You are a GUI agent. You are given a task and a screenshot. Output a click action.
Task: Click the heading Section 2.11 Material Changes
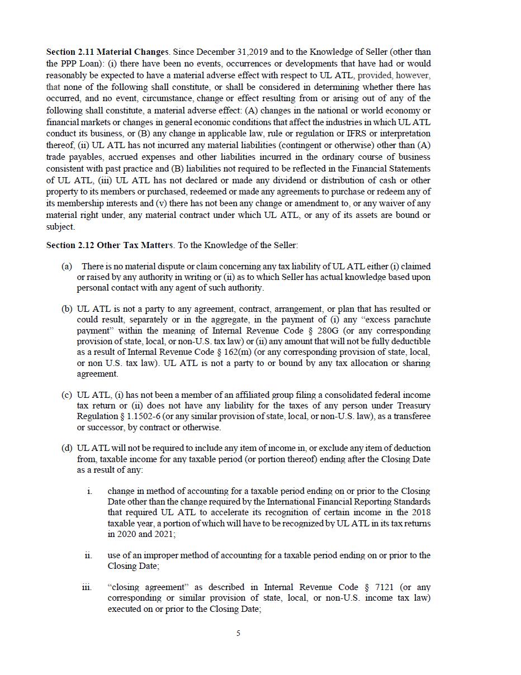[107, 52]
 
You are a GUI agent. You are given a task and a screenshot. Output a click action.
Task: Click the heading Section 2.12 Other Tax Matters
[110, 245]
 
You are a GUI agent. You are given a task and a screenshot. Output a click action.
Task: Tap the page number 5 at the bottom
[238, 633]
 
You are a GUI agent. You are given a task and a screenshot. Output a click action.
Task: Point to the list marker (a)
[67, 267]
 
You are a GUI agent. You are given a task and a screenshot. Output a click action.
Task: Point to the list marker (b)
[67, 309]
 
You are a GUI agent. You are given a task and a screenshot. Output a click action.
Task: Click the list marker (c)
[67, 395]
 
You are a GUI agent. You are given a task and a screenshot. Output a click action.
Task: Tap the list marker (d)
[67, 448]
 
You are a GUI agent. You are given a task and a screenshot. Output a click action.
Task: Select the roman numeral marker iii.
[87, 587]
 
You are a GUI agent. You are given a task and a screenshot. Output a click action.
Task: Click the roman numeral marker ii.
[88, 555]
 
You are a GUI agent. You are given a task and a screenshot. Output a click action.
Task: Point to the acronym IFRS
[357, 134]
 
